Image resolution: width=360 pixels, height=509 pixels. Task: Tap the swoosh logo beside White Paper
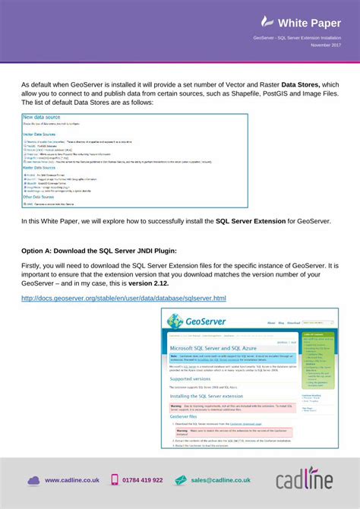tap(267, 22)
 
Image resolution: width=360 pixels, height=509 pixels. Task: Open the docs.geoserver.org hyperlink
tap(123, 298)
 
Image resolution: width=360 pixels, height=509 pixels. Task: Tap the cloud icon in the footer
tap(33, 480)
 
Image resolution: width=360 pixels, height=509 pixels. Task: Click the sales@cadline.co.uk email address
tap(221, 480)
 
